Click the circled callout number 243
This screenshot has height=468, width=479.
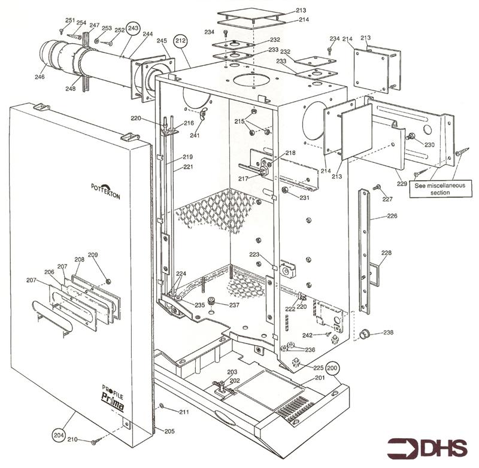(133, 28)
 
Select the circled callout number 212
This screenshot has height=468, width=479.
(180, 40)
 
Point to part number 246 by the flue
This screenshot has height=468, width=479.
(40, 77)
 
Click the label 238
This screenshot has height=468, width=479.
(389, 332)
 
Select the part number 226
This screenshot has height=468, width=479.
(392, 215)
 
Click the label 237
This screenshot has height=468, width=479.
(234, 305)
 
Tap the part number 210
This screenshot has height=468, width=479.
(72, 440)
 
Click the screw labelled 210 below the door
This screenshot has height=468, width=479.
(94, 442)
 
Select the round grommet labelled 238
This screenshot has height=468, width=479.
(363, 333)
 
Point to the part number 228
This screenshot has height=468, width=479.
(386, 253)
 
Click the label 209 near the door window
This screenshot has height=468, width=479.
(93, 255)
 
